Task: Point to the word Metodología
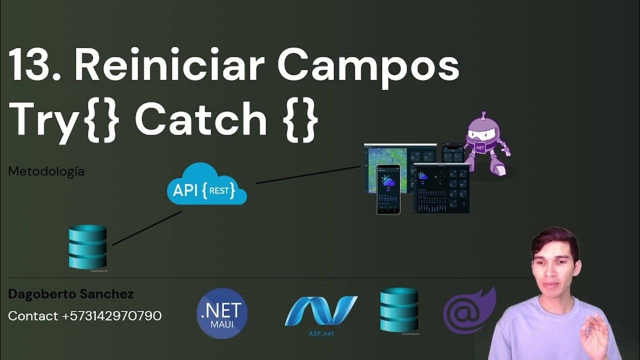pyautogui.click(x=46, y=171)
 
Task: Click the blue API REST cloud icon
pyautogui.click(x=206, y=185)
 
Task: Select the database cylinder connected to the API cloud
pyautogui.click(x=88, y=247)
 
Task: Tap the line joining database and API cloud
pyautogui.click(x=147, y=228)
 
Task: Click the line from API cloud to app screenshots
pyautogui.click(x=307, y=175)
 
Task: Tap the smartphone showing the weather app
pyautogui.click(x=388, y=189)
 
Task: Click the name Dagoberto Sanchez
pyautogui.click(x=70, y=294)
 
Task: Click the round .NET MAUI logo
pyautogui.click(x=222, y=313)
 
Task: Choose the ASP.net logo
pyautogui.click(x=320, y=312)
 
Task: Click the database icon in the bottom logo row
pyautogui.click(x=399, y=309)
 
